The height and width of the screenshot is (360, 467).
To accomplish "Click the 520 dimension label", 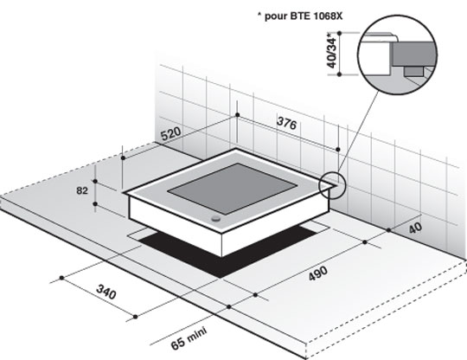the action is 171,133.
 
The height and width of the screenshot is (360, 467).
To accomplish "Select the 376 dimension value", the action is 287,123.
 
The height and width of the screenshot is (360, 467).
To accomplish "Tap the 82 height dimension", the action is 82,190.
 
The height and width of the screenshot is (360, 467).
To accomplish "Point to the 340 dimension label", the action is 106,292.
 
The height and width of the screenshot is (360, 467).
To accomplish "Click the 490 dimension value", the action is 318,273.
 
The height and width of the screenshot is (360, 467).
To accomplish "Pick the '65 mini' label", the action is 189,339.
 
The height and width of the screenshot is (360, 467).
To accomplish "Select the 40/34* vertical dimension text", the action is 332,53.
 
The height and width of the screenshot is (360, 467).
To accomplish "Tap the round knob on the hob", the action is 215,219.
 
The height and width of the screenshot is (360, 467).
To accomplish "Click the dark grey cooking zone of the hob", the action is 233,189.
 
